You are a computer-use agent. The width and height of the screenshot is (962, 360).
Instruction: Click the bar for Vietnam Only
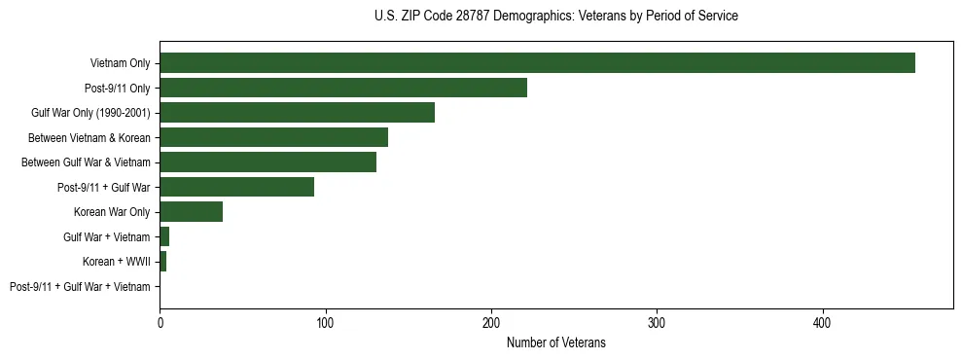tap(537, 63)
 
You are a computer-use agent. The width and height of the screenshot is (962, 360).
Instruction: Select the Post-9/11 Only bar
tap(343, 88)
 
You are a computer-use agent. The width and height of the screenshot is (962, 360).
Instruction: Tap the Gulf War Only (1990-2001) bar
tap(297, 113)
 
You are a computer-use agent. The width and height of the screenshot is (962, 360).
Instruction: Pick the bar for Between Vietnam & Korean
tap(273, 137)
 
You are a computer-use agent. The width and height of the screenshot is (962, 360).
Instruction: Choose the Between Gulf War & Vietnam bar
tap(267, 162)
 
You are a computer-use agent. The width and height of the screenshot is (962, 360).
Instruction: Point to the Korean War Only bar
tap(191, 212)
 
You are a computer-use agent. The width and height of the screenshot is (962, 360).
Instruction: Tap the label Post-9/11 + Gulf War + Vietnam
tap(80, 287)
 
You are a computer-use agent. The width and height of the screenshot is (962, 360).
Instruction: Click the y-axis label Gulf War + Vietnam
tap(106, 237)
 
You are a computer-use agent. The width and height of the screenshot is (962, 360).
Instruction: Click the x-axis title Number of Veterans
tap(555, 342)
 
